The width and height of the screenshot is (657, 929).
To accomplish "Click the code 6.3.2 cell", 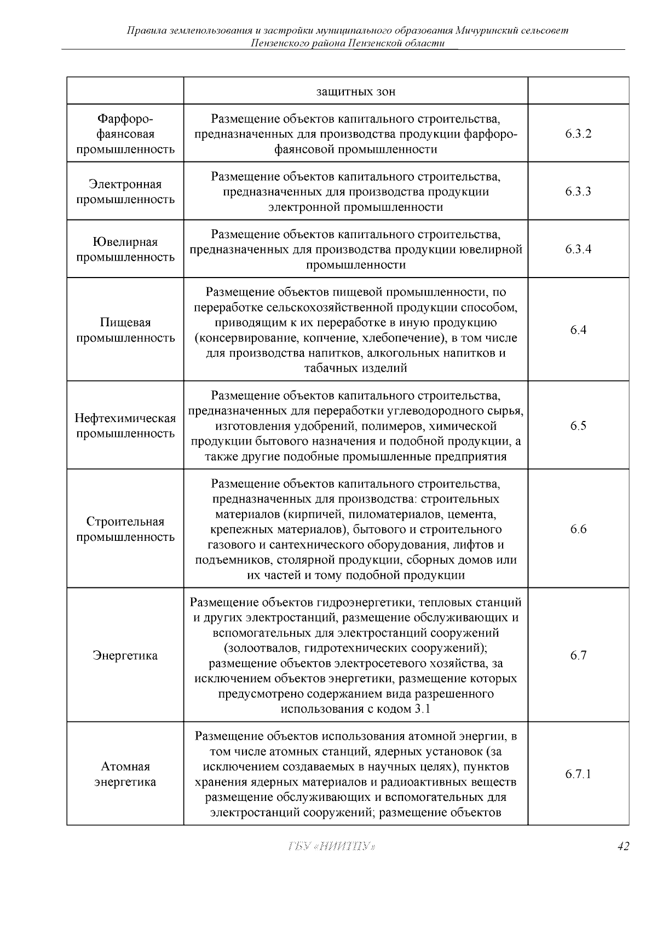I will (578, 134).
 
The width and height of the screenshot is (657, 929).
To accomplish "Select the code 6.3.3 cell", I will (578, 192).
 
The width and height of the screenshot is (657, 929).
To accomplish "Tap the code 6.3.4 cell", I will (578, 250).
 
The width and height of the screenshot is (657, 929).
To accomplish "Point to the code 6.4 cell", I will (578, 330).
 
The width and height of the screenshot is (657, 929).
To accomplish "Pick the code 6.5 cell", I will (578, 426).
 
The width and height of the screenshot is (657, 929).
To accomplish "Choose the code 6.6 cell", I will (578, 529).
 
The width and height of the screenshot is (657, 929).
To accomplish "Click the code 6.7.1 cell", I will (578, 774).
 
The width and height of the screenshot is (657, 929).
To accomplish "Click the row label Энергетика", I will (125, 655).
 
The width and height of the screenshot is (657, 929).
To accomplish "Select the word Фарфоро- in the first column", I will (125, 119).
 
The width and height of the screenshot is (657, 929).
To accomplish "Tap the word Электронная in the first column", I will (125, 184).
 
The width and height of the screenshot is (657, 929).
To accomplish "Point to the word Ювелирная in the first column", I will (125, 242).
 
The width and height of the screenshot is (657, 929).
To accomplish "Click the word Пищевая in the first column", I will (125, 322).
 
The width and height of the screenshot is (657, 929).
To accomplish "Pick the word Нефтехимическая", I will (125, 419).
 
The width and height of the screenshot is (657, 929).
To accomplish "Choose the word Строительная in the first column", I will (125, 522).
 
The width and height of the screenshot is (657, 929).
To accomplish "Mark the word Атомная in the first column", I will (125, 766).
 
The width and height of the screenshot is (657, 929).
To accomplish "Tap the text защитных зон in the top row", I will (356, 91).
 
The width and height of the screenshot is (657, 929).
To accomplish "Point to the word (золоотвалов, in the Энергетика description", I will (261, 648).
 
